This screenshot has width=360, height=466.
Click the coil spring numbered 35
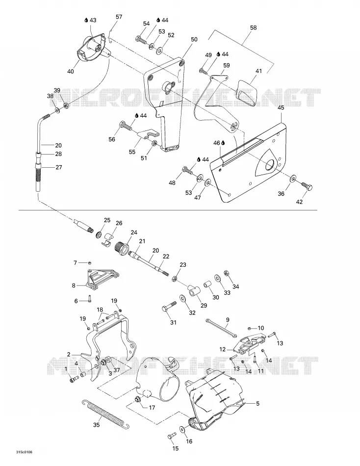pyautogui.click(x=105, y=414)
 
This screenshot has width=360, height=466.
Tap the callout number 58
pyautogui.click(x=253, y=27)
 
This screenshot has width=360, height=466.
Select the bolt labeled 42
pyautogui.click(x=307, y=186)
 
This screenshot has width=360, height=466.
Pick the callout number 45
pyautogui.click(x=281, y=107)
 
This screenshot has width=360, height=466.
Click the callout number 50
pyautogui.click(x=194, y=40)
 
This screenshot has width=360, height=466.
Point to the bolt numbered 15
pyautogui.click(x=172, y=436)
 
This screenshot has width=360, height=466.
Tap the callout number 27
pyautogui.click(x=59, y=167)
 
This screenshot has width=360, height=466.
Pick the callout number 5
pyautogui.click(x=257, y=404)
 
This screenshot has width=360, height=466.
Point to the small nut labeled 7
pyautogui.click(x=89, y=263)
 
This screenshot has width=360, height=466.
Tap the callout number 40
pyautogui.click(x=71, y=71)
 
